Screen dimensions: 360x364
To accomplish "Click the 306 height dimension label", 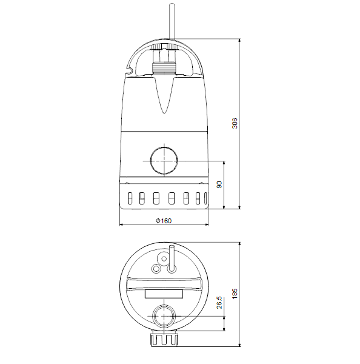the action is pyautogui.click(x=235, y=123).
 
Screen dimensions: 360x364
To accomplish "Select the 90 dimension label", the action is pyautogui.click(x=219, y=185).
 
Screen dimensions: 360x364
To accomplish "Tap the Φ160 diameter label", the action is pyautogui.click(x=164, y=221).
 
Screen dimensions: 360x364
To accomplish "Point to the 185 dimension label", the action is pyautogui.click(x=235, y=294).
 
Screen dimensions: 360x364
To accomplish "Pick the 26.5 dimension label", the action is pyautogui.click(x=219, y=303).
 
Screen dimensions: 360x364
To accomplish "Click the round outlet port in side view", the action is pyautogui.click(x=164, y=160).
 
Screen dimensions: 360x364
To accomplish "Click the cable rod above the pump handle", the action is pyautogui.click(x=172, y=21).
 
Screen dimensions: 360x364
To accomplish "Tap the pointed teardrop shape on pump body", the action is pyautogui.click(x=164, y=95).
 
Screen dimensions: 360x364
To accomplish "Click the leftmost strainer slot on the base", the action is pyautogui.click(x=130, y=198).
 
